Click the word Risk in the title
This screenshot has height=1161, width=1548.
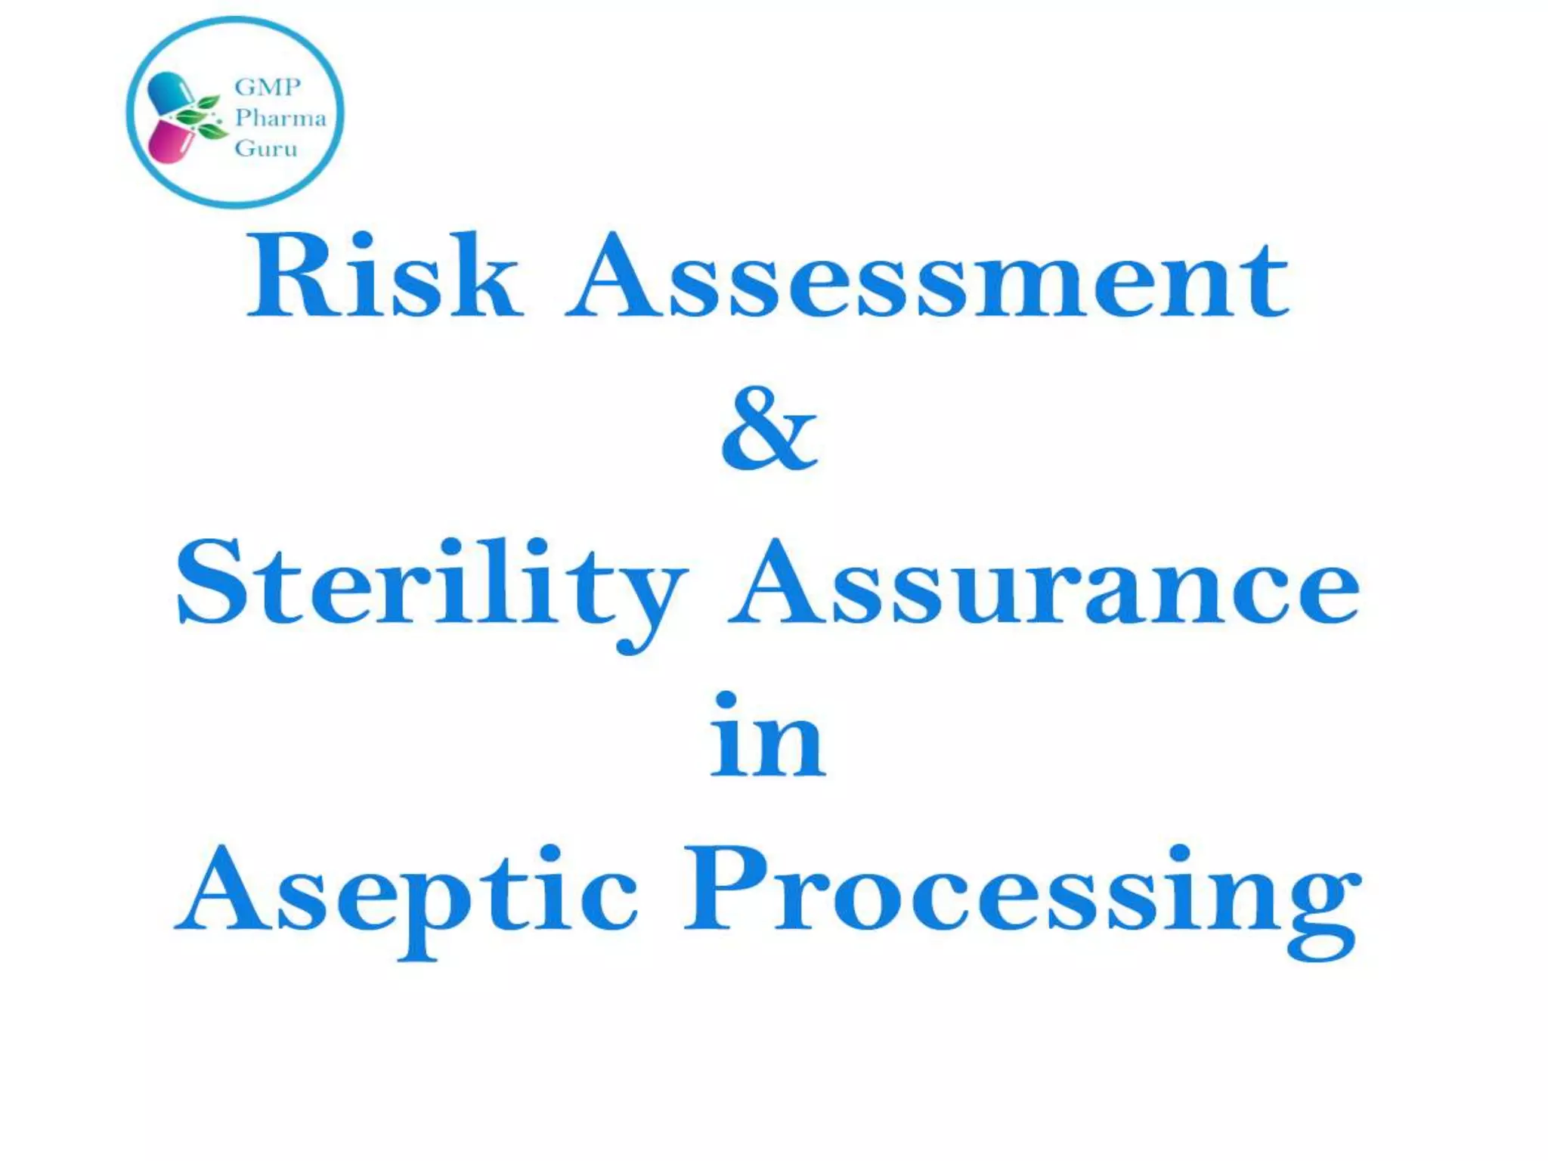pos(384,276)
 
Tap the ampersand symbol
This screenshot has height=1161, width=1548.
pos(769,429)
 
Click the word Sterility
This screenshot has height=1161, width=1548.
pos(431,586)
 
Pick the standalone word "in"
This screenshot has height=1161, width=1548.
pos(767,737)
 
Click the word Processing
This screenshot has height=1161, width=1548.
pos(1020,896)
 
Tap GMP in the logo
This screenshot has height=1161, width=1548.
pos(268,87)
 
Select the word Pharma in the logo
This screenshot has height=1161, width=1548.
pos(280,118)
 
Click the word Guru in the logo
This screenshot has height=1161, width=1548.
pos(266,148)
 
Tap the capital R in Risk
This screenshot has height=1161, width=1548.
pos(287,276)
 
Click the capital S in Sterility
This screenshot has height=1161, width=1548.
pos(212,582)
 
